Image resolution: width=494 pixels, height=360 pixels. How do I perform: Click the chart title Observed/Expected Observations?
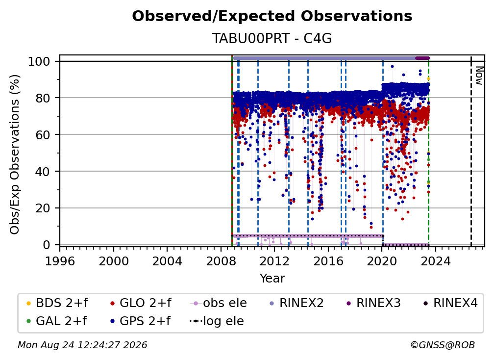[272, 16]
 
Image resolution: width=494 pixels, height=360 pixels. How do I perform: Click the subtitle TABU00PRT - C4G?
[272, 38]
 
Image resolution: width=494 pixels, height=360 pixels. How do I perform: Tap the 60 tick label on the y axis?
[43, 134]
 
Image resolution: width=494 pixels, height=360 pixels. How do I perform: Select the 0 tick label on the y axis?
[47, 245]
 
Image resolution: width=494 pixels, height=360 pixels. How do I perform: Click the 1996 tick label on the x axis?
[60, 261]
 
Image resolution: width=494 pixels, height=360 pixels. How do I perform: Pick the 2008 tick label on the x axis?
[221, 261]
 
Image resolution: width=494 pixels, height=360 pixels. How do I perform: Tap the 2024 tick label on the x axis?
[435, 261]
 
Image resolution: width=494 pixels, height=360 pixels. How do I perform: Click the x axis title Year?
[272, 278]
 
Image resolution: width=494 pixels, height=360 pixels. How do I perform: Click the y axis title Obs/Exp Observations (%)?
[15, 154]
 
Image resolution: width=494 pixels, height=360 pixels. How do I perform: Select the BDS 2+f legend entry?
[57, 303]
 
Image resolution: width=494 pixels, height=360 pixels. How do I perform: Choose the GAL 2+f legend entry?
[56, 321]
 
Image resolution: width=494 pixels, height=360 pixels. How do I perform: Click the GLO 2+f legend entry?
[141, 303]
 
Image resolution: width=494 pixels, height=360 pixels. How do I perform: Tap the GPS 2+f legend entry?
[140, 321]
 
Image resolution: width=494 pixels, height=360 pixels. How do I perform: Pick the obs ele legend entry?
[219, 303]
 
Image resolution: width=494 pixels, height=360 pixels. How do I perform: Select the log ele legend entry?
[217, 321]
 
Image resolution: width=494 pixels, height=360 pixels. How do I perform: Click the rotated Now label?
[479, 76]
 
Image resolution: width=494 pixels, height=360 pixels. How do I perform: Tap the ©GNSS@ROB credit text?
[443, 345]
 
